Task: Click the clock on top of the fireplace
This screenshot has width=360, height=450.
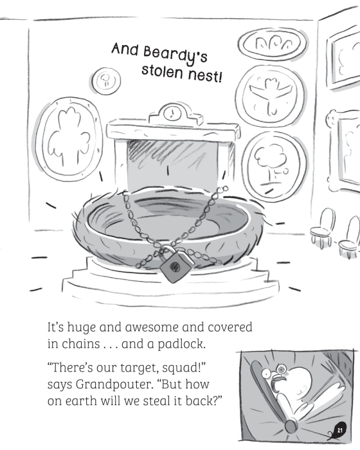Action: tap(172, 113)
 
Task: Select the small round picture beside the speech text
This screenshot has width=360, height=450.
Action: tap(106, 80)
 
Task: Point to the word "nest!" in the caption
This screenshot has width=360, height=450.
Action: tap(205, 75)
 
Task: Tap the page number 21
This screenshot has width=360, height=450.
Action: tap(340, 431)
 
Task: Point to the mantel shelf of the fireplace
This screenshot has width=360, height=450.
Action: tap(174, 131)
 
